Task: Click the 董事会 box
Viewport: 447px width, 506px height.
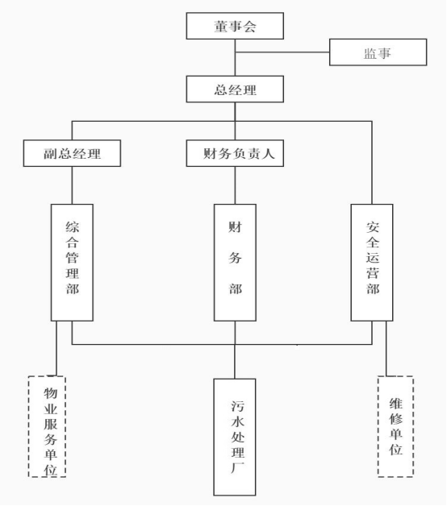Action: [x=235, y=26]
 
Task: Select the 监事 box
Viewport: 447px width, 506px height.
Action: [x=378, y=52]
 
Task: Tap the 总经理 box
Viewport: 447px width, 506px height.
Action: [x=235, y=89]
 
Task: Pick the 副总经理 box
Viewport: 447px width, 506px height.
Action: [x=72, y=153]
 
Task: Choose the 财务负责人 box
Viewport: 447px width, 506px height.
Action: [x=235, y=153]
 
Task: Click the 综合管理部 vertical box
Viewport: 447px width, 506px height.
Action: [x=72, y=263]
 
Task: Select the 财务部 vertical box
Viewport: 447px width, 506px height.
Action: [x=235, y=263]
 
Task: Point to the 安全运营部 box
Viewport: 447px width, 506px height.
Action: [x=372, y=263]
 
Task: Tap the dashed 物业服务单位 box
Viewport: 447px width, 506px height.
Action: [x=47, y=426]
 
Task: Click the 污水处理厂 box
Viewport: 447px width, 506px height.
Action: [x=235, y=437]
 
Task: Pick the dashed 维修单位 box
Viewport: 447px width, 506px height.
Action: [x=395, y=426]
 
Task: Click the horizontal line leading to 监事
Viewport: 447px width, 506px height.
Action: [x=282, y=52]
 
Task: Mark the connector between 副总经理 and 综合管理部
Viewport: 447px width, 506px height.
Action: [x=72, y=185]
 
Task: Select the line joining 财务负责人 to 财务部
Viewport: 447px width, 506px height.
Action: [x=235, y=185]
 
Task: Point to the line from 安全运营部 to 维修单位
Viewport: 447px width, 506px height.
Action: [x=386, y=349]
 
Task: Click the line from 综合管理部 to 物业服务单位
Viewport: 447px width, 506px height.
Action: [x=56, y=349]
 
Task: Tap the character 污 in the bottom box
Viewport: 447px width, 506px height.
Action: [x=237, y=406]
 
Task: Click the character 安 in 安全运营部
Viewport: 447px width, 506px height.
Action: [x=372, y=227]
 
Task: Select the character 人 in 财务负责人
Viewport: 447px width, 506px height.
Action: [x=268, y=154]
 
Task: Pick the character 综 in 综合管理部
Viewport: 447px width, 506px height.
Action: [x=73, y=227]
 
